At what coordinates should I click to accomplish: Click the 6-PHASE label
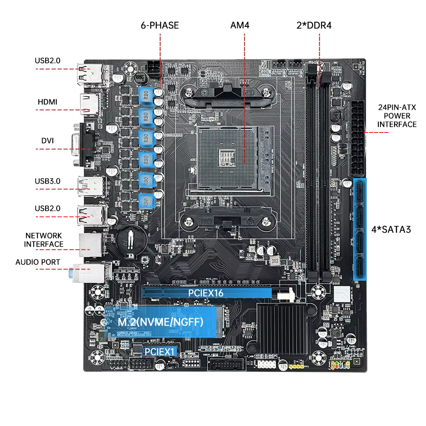pos(160,25)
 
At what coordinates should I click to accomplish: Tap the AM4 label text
pos(239,25)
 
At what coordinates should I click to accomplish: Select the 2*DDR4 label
pos(314,25)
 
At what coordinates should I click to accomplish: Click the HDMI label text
pos(47,102)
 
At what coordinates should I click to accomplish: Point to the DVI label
pos(47,141)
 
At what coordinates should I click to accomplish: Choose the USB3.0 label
pos(47,181)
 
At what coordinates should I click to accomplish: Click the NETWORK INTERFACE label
pos(43,240)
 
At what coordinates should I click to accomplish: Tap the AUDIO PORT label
pos(38,262)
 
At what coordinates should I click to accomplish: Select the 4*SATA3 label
pos(391,230)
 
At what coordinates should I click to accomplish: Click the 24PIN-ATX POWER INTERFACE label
pos(397,115)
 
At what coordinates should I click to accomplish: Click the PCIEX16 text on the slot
pos(206,293)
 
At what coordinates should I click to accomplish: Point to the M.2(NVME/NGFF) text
pos(160,322)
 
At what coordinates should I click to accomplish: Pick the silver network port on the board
pos(90,243)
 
